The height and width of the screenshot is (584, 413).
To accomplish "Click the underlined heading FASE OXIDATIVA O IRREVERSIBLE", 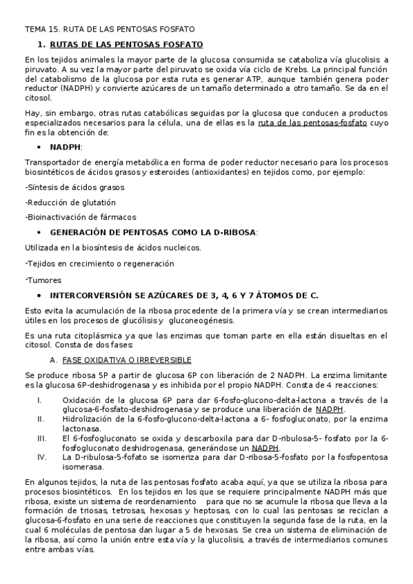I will pyautogui.click(x=126, y=360).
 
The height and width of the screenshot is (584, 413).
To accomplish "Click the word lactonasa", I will pyautogui.click(x=81, y=428).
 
